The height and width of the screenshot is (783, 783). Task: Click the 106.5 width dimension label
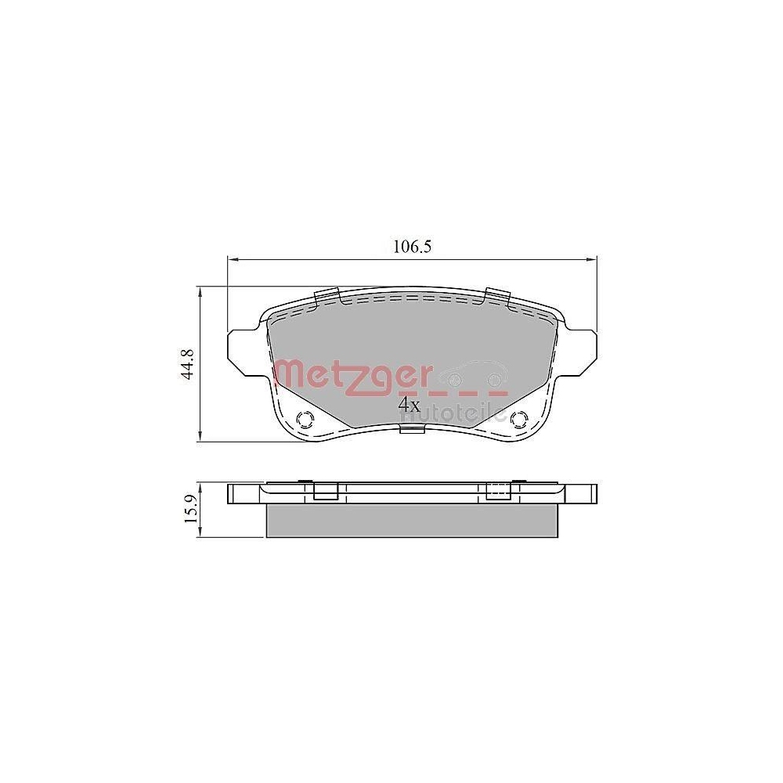click(412, 247)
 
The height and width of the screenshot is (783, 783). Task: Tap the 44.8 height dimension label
click(187, 364)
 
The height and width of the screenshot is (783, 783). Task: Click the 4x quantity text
click(410, 405)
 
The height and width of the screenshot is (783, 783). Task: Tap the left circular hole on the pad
click(303, 419)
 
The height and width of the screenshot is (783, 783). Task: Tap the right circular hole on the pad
click(518, 419)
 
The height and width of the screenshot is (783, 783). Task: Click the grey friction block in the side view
click(413, 520)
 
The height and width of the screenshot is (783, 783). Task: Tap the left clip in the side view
click(325, 491)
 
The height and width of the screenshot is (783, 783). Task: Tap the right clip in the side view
click(498, 491)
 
